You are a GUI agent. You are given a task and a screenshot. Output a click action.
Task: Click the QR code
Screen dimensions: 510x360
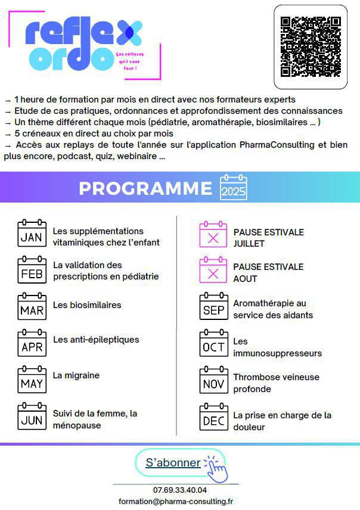point(311,46)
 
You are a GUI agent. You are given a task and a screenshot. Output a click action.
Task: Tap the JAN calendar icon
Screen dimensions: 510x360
point(32,234)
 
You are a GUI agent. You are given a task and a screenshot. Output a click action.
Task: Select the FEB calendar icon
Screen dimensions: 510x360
point(32,270)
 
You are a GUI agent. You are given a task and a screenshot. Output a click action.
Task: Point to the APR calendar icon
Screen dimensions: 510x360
point(32,343)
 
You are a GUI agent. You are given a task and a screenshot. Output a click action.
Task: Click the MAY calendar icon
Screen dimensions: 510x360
point(32,380)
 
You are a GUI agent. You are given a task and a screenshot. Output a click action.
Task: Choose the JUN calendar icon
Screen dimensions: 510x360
point(32,416)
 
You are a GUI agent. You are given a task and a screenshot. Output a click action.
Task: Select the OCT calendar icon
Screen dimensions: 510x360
point(213,343)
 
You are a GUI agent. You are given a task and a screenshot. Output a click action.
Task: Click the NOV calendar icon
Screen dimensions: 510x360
point(213,380)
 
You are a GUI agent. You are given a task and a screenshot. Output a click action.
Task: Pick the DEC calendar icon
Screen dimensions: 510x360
point(213,417)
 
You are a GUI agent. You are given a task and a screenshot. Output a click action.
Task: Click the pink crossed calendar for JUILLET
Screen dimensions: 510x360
point(213,235)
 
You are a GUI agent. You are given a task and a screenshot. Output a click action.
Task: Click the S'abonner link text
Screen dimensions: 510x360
point(173,462)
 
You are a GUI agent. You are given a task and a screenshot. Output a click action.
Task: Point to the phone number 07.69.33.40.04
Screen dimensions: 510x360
point(180,490)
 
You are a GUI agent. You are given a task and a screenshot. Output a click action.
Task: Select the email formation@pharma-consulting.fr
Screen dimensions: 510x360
point(176,502)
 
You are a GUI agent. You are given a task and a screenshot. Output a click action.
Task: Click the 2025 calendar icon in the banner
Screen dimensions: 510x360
point(233,188)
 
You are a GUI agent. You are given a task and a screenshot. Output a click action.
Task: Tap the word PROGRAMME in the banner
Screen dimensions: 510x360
point(145,188)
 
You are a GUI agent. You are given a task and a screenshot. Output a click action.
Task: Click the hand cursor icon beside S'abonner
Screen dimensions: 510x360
point(216,468)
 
